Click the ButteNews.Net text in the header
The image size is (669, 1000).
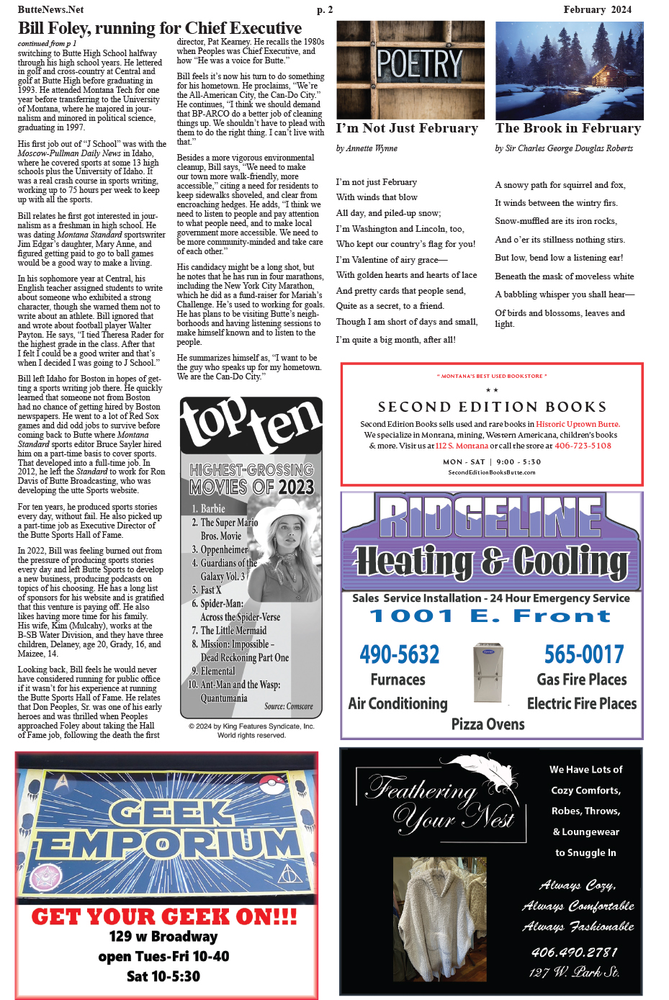[x=50, y=9]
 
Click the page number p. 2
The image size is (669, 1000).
[x=325, y=9]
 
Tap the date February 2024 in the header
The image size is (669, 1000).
[x=597, y=9]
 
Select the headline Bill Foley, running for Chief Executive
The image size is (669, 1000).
[x=160, y=28]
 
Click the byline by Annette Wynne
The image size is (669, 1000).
[x=367, y=148]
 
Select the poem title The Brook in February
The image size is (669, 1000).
[x=568, y=128]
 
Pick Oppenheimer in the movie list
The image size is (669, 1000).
[x=224, y=549]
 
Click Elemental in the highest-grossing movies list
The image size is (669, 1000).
[x=217, y=671]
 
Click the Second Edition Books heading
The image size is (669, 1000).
[x=492, y=407]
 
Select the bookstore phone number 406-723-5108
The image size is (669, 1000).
[x=583, y=446]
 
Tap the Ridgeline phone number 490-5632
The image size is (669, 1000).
[x=400, y=654]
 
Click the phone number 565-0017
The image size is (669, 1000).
[x=584, y=654]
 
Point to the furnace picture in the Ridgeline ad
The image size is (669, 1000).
[x=488, y=673]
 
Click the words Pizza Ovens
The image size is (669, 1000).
[x=488, y=724]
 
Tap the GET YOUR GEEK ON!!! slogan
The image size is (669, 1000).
[x=164, y=916]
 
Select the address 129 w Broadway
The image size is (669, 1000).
[x=163, y=937]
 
